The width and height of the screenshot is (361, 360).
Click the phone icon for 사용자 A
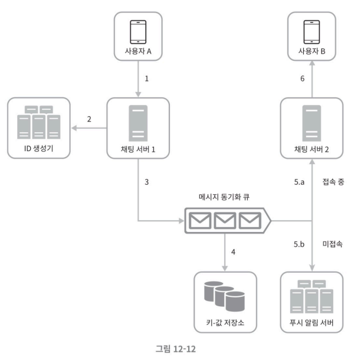138,32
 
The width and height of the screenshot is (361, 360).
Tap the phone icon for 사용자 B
311,32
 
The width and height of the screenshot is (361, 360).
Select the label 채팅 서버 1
138,149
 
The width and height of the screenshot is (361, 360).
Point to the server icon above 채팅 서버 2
311,123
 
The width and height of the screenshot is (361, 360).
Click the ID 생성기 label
39,149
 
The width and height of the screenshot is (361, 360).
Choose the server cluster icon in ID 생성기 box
39,122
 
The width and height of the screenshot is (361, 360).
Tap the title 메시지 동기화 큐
224,197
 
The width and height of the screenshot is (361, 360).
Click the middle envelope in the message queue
225,221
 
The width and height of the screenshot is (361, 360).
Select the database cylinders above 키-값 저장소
224,296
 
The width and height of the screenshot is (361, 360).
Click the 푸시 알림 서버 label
311,323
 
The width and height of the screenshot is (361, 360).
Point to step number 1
147,78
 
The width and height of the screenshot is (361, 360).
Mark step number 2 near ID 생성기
89,119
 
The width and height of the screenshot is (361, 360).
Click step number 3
147,182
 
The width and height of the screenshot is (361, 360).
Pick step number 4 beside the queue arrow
233,252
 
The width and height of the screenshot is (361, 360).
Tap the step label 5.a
299,182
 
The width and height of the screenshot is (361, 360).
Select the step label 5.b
299,244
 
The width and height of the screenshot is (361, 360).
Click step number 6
303,78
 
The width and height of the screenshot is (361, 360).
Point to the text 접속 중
333,182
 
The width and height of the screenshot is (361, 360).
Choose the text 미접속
333,244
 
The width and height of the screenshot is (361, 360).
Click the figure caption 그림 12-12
176,349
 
